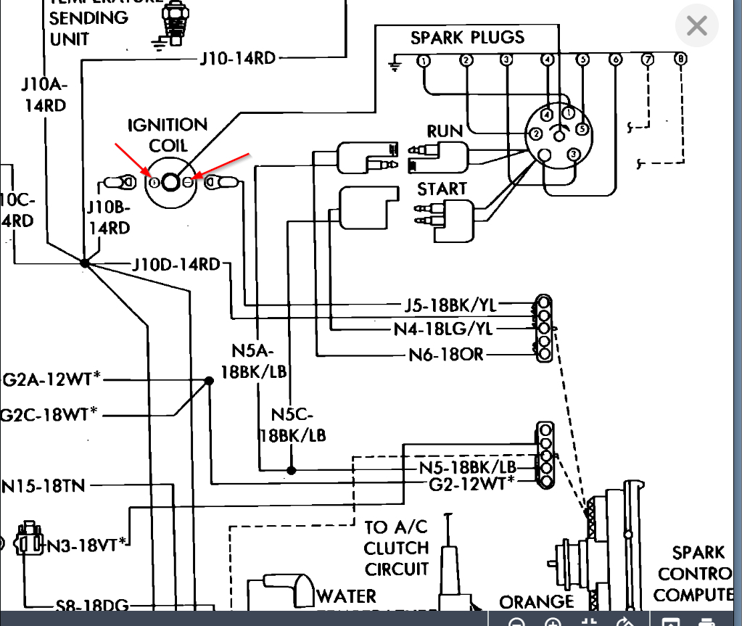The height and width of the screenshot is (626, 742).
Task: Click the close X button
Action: [x=696, y=27]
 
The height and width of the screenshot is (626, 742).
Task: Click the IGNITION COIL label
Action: [x=168, y=135]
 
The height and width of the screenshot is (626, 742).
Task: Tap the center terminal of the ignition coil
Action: [x=170, y=182]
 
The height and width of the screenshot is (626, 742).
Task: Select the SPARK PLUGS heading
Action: [x=467, y=38]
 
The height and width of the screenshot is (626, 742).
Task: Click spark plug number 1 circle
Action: [x=424, y=61]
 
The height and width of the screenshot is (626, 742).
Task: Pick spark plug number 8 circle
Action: [x=680, y=59]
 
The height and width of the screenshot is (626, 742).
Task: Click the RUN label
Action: [x=445, y=131]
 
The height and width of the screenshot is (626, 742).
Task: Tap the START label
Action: [x=442, y=189]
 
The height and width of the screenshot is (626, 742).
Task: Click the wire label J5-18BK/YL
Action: [x=452, y=305]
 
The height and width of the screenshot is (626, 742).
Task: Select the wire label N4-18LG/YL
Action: [x=443, y=329]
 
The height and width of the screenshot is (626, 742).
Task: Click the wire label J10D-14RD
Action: [x=176, y=264]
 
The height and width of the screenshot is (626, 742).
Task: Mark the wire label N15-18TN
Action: [x=44, y=485]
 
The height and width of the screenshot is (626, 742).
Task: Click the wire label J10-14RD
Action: [x=238, y=58]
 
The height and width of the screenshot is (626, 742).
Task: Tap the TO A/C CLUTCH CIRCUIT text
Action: [x=397, y=548]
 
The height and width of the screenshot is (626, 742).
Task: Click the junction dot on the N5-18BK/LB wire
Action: [x=291, y=470]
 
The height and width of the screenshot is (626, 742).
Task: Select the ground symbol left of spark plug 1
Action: [x=395, y=65]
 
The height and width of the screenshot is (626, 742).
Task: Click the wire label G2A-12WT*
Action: [x=51, y=379]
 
